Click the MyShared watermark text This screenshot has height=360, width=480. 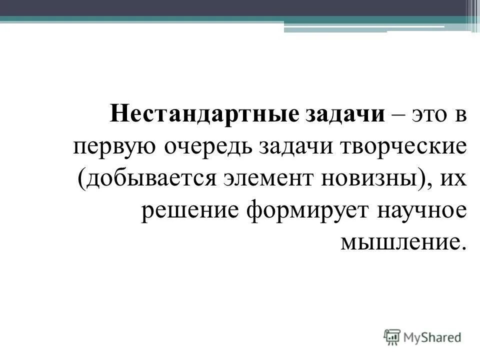coord(433,337)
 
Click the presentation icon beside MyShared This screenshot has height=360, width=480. coord(392,337)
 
